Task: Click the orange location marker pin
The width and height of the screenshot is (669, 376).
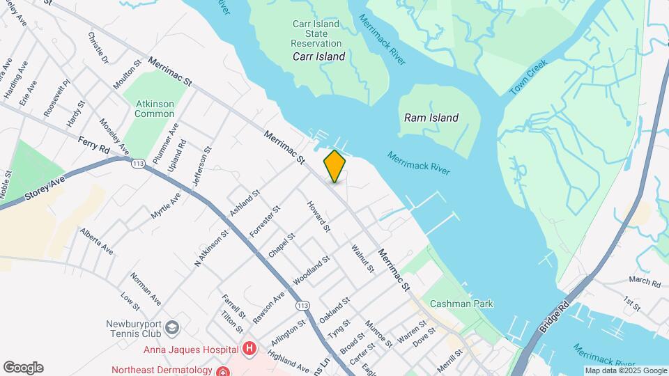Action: pos(335,166)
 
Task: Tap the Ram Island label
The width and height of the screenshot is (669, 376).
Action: pos(431,118)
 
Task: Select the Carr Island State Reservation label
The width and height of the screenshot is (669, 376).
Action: pos(316,33)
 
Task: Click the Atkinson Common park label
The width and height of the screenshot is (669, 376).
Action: pos(155,109)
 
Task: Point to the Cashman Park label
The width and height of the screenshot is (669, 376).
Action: pos(461,304)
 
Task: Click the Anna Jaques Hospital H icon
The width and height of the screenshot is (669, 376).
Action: pos(249,349)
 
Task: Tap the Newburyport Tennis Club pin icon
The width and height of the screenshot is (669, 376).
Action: pos(174,327)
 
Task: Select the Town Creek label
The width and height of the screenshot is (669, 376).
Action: pos(529,77)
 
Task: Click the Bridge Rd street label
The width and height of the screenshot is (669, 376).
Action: pos(554,316)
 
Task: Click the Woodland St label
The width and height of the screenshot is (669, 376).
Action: pos(311,271)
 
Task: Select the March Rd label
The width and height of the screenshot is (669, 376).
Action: pos(644,282)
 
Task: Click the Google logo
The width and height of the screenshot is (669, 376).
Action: pos(23,368)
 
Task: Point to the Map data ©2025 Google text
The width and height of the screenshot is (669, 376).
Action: pos(625,370)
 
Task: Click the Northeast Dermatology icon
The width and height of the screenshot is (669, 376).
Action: pos(222,370)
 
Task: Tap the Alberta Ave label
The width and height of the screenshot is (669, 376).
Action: pos(97,240)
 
